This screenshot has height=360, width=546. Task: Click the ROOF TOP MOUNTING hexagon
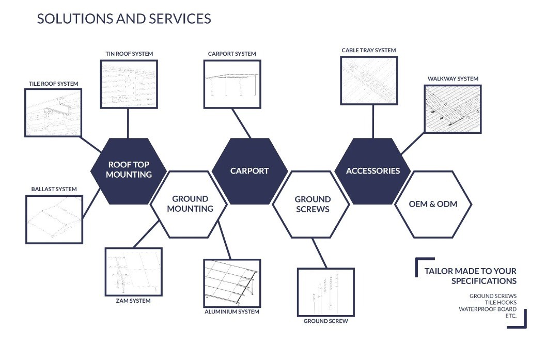pos(129,171)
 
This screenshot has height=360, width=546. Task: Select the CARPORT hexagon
pos(249,171)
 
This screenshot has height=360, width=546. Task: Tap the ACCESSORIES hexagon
pos(372,171)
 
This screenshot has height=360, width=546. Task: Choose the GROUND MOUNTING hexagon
pos(190,205)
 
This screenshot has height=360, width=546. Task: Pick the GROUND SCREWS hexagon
pos(312,205)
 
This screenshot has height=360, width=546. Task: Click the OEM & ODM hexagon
pos(433,205)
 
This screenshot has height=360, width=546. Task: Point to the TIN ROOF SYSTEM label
pos(129,54)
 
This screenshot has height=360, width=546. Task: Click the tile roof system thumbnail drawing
pos(53,113)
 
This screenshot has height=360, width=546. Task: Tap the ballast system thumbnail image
pos(54,220)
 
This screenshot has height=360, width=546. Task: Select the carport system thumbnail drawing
pos(232,84)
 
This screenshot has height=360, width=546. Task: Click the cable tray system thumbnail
pos(369,81)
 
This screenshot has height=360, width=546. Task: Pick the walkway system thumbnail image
pos(453,109)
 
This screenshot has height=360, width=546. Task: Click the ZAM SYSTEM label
pos(133,301)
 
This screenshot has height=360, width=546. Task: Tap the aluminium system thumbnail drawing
pos(232,283)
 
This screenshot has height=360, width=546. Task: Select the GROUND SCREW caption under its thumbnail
pos(325,321)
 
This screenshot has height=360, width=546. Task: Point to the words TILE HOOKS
pos(501,303)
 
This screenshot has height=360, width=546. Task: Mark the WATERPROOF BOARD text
pos(488,309)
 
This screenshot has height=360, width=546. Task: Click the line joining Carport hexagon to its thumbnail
pos(241,123)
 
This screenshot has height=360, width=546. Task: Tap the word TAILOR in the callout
pos(439,271)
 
